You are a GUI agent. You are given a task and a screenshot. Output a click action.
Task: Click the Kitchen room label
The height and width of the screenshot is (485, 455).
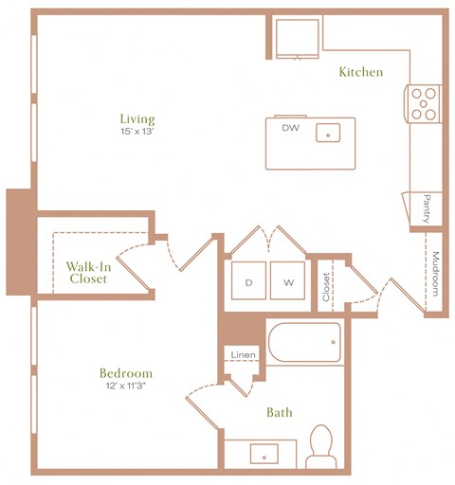click(360, 72)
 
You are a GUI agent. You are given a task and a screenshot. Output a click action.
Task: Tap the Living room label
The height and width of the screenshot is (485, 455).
click(136, 118)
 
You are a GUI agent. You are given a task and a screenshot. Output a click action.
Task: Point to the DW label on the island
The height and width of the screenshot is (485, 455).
click(289, 127)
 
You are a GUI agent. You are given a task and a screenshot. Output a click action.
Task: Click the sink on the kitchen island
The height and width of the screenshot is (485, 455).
click(329, 133)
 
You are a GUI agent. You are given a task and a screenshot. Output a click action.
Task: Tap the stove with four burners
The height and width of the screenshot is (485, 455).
click(423, 103)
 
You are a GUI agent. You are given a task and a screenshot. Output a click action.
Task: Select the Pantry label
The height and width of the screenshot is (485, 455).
click(427, 208)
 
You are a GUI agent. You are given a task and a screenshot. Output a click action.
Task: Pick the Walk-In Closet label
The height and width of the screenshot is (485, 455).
click(88, 272)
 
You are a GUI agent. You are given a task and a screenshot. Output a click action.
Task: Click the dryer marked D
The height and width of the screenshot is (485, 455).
click(248, 282)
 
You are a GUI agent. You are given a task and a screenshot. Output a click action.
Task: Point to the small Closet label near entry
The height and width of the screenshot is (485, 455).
click(326, 286)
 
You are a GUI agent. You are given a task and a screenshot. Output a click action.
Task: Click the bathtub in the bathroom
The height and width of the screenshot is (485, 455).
click(303, 343)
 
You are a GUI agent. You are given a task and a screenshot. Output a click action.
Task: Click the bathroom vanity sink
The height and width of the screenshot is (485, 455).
click(260, 454)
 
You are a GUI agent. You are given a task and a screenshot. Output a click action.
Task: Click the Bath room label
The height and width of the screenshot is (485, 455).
click(279, 412)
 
